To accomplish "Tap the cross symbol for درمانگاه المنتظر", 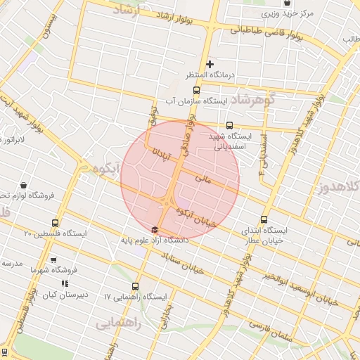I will point(209,65).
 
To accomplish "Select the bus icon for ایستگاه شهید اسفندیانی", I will point(230,125).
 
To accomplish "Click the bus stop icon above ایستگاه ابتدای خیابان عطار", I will point(264,219).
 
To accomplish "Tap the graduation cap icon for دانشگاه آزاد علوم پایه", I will point(155,229).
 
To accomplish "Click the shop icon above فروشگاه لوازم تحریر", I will point(24,186).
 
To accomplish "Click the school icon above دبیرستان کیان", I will point(65,283).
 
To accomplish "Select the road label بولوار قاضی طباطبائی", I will point(266,31).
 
